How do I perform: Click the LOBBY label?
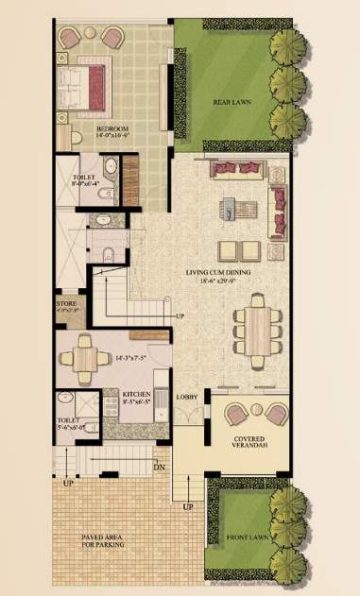coord(187,398)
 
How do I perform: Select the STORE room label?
coord(67,304)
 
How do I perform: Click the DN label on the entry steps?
coord(160,466)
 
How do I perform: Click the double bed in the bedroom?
coord(87,82)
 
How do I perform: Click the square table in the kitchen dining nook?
coord(83,358)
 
